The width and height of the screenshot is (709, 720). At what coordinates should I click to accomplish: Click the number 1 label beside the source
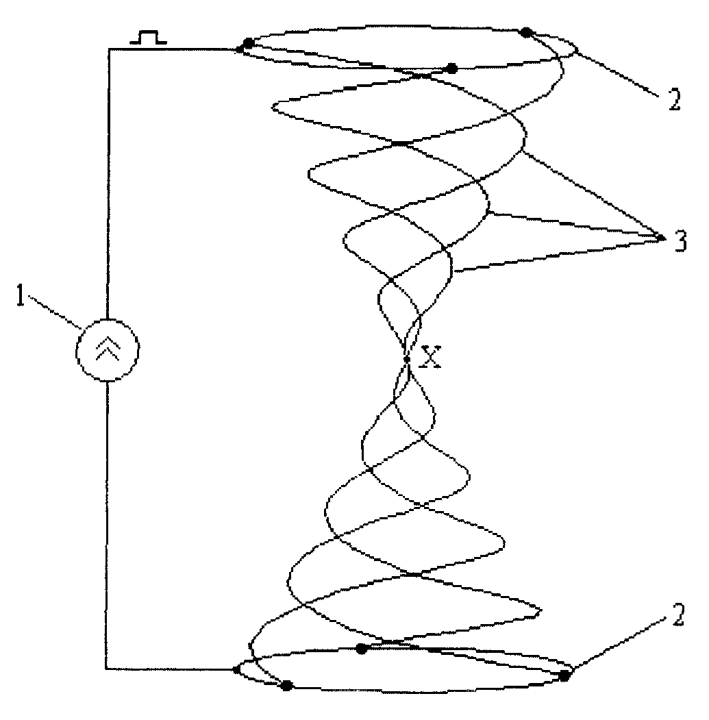[x=20, y=295]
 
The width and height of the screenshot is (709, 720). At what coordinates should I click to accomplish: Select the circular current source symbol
[x=107, y=350]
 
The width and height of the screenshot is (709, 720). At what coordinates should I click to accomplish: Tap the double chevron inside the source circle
[x=108, y=348]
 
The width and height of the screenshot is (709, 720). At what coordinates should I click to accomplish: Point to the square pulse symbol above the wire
[x=149, y=38]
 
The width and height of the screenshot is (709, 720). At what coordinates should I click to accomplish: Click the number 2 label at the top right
[x=674, y=99]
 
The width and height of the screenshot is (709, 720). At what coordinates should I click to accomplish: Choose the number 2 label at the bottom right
[x=677, y=615]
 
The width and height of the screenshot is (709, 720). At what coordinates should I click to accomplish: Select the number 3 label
[x=680, y=240]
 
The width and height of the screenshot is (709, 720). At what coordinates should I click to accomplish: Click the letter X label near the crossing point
[x=431, y=357]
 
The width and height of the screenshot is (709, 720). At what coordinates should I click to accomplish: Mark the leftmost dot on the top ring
[x=248, y=44]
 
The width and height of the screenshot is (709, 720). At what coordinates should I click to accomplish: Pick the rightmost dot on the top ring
[x=526, y=32]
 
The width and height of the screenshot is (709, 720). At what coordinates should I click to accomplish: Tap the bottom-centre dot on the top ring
[x=452, y=69]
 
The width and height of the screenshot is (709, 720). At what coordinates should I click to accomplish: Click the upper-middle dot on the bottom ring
[x=362, y=648]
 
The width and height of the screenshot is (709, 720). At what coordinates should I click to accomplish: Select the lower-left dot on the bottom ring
[x=287, y=686]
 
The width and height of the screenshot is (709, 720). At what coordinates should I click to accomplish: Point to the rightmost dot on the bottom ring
[x=564, y=675]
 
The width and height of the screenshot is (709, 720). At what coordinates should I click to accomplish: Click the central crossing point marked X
[x=407, y=359]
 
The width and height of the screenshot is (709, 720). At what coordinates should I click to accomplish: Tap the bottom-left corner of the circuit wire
[x=106, y=669]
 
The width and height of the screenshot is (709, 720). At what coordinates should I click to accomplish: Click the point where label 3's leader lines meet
[x=660, y=238]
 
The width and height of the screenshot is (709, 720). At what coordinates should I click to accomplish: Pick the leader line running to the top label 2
[x=615, y=73]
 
